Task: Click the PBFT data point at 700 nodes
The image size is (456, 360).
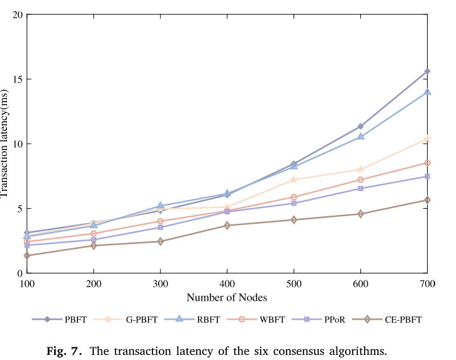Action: click(427, 71)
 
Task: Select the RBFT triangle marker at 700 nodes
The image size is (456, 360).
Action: click(427, 91)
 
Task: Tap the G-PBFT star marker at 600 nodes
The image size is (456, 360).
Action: click(360, 169)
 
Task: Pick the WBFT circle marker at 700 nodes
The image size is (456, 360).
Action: click(427, 163)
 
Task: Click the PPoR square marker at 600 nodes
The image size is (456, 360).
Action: click(360, 189)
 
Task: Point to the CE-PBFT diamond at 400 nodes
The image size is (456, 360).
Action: click(227, 225)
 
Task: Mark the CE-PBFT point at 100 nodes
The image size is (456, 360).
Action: click(27, 255)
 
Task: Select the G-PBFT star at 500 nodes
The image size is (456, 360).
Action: click(294, 179)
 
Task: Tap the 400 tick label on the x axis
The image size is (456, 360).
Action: click(227, 284)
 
